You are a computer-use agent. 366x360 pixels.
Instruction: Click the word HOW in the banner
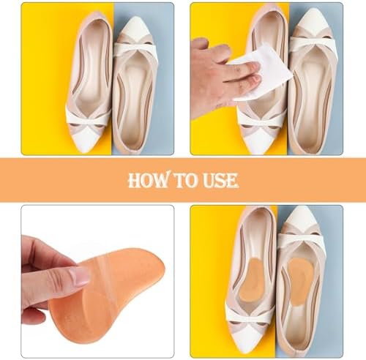click(x=148, y=181)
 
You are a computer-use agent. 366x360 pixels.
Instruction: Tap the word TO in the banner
click(x=184, y=181)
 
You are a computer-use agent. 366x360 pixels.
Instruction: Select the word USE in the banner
click(x=219, y=181)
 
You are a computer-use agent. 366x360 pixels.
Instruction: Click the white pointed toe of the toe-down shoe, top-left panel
click(x=86, y=139)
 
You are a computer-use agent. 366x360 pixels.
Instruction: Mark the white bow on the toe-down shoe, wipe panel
click(x=261, y=119)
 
